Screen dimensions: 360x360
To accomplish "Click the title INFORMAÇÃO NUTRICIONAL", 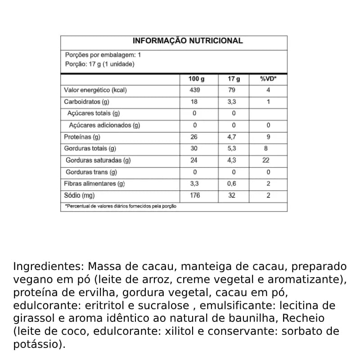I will pyautogui.click(x=188, y=41).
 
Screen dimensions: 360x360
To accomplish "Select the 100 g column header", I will pyautogui.click(x=196, y=79).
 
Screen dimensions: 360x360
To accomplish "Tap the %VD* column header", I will pyautogui.click(x=268, y=79).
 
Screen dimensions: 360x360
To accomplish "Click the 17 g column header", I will pyautogui.click(x=234, y=79).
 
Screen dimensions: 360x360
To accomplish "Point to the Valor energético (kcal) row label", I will pyautogui.click(x=95, y=90).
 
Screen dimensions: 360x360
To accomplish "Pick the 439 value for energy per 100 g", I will pyautogui.click(x=194, y=90).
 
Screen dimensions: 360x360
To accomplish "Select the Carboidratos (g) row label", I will pyautogui.click(x=86, y=102).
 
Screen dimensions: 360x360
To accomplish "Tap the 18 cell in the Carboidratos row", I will pyautogui.click(x=194, y=102).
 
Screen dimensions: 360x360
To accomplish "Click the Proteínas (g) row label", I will pyautogui.click(x=82, y=137).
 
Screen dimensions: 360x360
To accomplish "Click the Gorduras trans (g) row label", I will pyautogui.click(x=91, y=172).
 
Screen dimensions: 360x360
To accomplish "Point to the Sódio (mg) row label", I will pyautogui.click(x=80, y=195).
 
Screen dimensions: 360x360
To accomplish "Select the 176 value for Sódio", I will pyautogui.click(x=194, y=195).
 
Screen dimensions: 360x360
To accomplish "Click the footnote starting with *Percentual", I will pyautogui.click(x=121, y=206).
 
